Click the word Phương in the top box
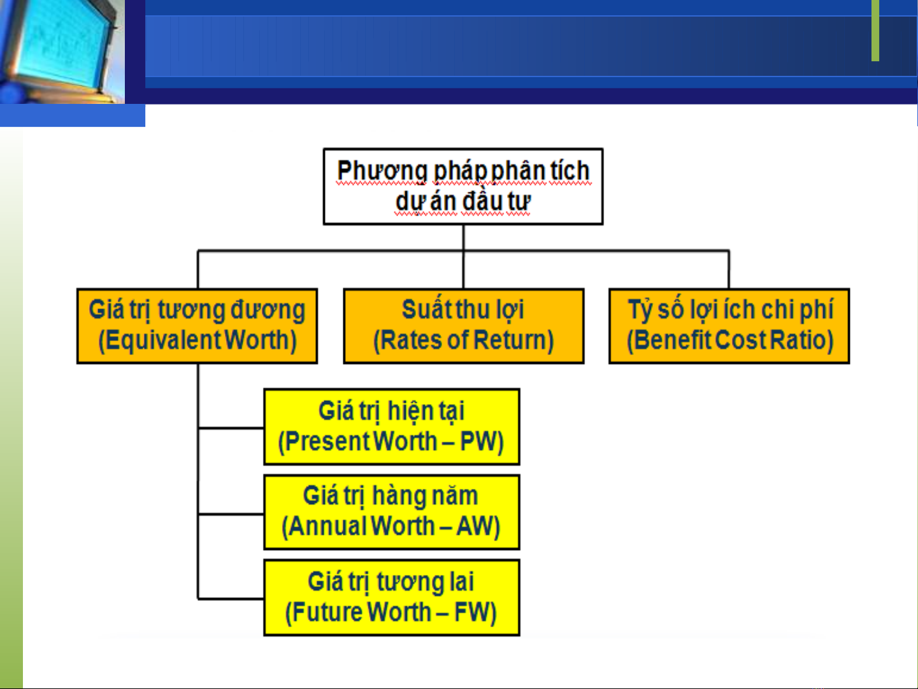coord(382,171)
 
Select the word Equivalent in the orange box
coord(164,340)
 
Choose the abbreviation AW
coord(474,526)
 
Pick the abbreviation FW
coord(471,612)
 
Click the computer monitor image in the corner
coord(62,52)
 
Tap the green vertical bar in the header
coord(875,30)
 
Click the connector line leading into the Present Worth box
coord(231,428)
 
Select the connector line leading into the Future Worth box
coord(231,599)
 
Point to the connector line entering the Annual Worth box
coord(231,514)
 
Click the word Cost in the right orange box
coord(741,340)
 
